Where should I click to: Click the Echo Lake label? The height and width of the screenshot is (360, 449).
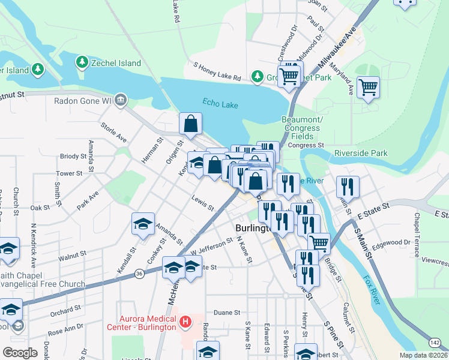pyautogui.click(x=220, y=104)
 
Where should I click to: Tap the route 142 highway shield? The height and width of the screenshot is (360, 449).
pyautogui.click(x=435, y=341)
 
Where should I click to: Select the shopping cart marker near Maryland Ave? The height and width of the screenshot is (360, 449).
pyautogui.click(x=368, y=88)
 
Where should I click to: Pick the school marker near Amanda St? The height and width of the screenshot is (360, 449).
pyautogui.click(x=143, y=224)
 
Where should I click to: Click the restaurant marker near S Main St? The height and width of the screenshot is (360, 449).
pyautogui.click(x=348, y=187)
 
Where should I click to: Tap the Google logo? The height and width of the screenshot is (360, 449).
pyautogui.click(x=20, y=352)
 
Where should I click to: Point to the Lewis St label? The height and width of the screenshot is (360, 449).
pyautogui.click(x=203, y=203)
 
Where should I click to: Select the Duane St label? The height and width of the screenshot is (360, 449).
pyautogui.click(x=227, y=313)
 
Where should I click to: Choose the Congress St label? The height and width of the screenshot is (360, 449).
pyautogui.click(x=306, y=145)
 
